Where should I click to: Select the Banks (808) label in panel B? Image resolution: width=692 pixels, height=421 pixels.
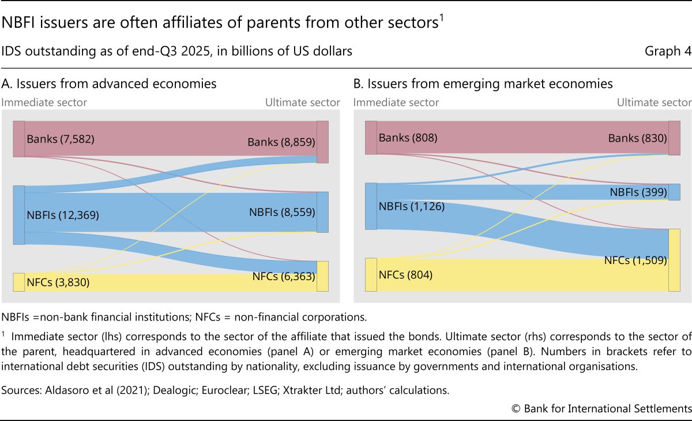408,138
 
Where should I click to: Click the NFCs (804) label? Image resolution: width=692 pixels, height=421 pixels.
405,275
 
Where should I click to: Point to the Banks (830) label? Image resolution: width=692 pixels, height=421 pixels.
637,139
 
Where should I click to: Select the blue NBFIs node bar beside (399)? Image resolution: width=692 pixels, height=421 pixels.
674,192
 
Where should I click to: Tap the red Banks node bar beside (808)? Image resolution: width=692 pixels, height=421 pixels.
371,138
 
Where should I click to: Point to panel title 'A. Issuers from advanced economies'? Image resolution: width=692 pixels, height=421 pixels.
109,84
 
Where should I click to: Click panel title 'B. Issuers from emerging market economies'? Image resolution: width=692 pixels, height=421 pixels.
483,84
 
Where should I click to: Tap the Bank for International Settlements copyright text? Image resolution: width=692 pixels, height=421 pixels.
601,408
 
